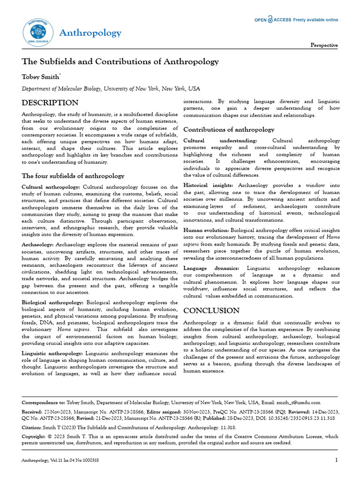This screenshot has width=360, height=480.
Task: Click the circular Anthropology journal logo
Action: coord(36,32)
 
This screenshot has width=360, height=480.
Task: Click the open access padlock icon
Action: coord(270,20)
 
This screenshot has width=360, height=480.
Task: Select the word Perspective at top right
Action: coord(324,45)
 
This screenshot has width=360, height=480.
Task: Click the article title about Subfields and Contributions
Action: coord(120,62)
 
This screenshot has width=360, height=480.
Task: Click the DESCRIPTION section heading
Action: coord(50,103)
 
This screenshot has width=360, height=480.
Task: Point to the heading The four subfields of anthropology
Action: coord(73,176)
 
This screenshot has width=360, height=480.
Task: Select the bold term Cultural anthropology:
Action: coord(51,187)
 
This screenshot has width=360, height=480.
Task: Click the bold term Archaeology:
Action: coord(38,245)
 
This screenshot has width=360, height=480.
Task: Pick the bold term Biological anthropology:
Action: coord(53,302)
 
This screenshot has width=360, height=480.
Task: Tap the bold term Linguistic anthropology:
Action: coord(52,353)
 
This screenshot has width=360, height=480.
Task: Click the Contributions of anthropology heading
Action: coord(229,129)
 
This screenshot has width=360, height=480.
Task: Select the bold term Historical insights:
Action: coord(210,186)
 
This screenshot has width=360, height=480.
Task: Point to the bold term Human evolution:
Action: coord(206,230)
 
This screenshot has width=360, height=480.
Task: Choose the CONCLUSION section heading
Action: coord(211,311)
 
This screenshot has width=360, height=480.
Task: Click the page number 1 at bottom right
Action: coord(337,460)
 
